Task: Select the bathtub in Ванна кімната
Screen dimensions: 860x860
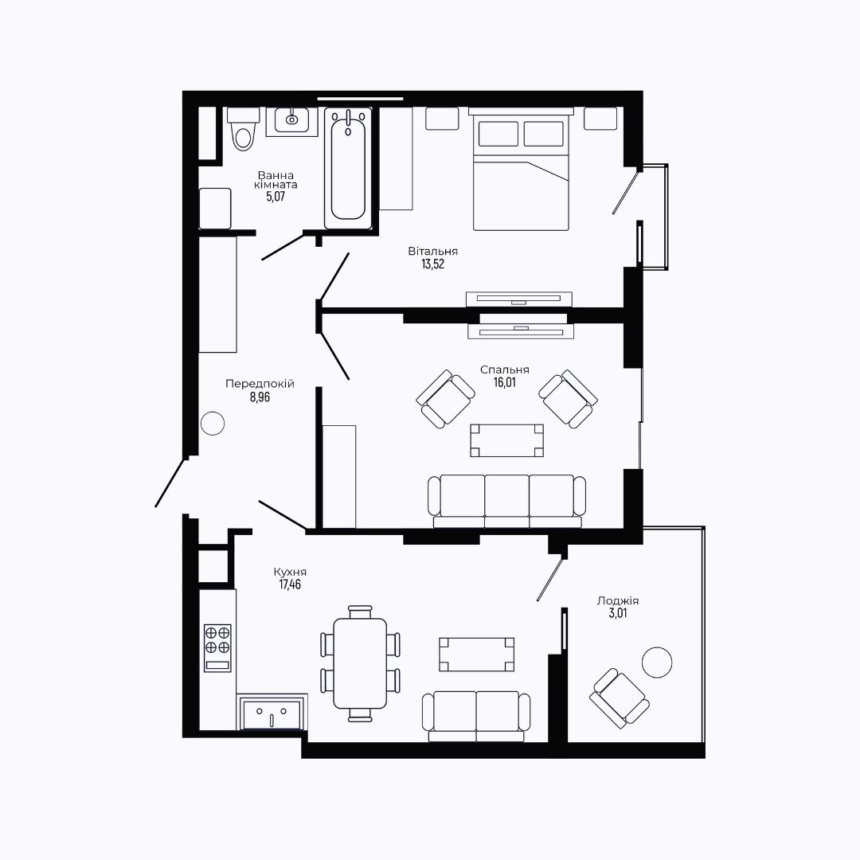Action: point(348,168)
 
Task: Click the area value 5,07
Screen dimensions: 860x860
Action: point(276,197)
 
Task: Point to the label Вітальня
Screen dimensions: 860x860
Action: point(432,251)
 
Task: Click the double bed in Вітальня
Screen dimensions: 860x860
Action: point(521,169)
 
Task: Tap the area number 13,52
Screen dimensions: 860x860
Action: point(432,264)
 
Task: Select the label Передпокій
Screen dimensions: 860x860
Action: point(260,384)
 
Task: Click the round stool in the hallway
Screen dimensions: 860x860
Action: point(213,424)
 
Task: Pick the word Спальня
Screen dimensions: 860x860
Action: point(505,369)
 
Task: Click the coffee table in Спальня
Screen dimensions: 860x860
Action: point(506,440)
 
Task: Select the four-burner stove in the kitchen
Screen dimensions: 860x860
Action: point(217,647)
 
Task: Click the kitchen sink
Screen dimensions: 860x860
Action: point(272,713)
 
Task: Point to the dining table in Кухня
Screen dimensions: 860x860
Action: point(360,663)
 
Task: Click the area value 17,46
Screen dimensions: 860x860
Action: point(290,584)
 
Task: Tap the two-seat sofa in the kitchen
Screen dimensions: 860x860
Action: point(476,717)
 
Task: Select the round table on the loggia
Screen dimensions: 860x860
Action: point(657,662)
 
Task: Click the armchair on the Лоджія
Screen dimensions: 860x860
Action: point(620,698)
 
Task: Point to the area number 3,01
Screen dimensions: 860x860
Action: point(618,613)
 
